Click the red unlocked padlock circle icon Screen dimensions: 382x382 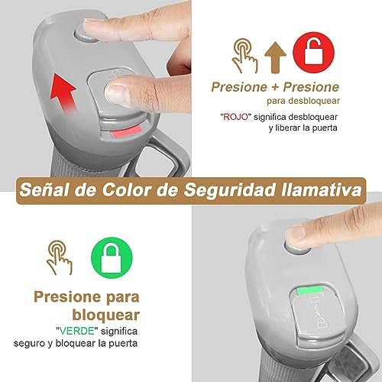coord(313,53)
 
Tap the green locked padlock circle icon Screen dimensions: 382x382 coord(112,257)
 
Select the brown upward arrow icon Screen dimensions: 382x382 coord(275,58)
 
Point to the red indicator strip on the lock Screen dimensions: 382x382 coord(126,132)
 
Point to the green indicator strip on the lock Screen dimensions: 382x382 coord(310,290)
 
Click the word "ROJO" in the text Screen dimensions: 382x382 coord(235,117)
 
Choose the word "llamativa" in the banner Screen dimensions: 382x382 coord(322,190)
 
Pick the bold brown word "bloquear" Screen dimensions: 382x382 coord(106,315)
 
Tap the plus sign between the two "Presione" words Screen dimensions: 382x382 coord(275,87)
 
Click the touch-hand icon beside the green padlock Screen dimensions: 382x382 coord(60,257)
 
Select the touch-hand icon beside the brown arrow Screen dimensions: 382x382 coord(244,56)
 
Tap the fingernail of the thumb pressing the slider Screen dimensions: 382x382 coord(118,92)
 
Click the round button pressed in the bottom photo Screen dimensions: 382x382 coord(296,248)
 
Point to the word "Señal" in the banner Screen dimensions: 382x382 coord(44,190)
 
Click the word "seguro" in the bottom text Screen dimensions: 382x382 coord(29,344)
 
